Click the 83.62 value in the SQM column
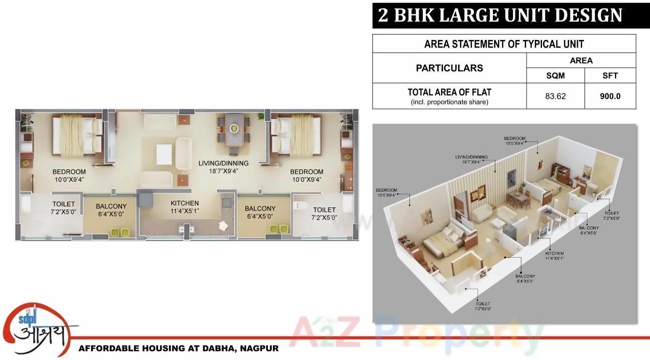(555, 96)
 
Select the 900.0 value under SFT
(610, 96)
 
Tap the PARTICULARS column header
(449, 68)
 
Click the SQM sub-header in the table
(555, 75)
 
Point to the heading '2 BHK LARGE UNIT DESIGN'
(500, 15)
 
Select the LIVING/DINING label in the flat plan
(223, 167)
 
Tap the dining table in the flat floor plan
(236, 129)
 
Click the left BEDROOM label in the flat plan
(69, 175)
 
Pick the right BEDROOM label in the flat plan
(307, 175)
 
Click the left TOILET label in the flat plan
(63, 207)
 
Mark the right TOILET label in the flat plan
(324, 213)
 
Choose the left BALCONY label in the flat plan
(111, 210)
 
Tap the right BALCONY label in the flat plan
(260, 212)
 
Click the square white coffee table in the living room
(164, 155)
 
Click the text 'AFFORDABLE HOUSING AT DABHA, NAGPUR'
(179, 349)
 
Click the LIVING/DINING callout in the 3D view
(471, 159)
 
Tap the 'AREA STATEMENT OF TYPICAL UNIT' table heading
(504, 44)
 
